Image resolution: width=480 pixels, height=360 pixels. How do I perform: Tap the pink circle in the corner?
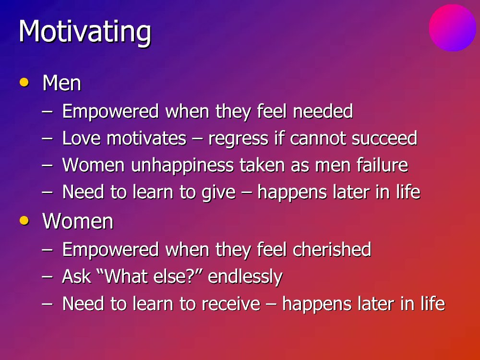click(452, 28)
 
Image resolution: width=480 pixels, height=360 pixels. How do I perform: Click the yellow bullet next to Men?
click(24, 83)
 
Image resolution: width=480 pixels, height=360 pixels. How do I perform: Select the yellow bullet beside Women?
click(24, 221)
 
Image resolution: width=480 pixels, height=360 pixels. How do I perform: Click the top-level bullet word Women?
click(78, 221)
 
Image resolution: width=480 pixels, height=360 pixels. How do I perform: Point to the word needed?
click(323, 111)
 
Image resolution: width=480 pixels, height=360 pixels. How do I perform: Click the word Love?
click(82, 138)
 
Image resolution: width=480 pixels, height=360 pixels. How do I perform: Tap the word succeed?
click(384, 138)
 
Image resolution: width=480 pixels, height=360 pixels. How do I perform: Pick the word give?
click(218, 193)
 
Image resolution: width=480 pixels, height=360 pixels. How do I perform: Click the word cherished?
click(332, 249)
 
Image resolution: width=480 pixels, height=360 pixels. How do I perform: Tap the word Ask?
click(76, 276)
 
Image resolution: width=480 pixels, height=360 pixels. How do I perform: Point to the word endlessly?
click(245, 277)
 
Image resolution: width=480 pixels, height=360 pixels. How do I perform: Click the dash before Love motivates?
click(47, 139)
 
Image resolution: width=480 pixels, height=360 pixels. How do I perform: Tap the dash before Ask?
click(47, 277)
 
